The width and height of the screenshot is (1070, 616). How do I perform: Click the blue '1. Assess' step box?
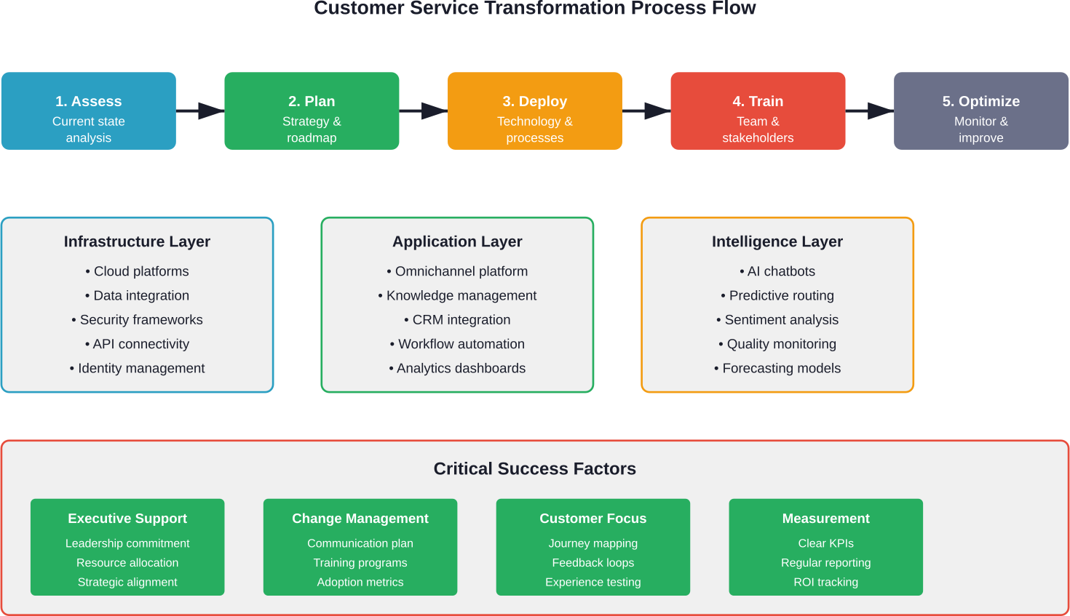[x=88, y=111]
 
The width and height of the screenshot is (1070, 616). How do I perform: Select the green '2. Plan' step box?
[x=312, y=111]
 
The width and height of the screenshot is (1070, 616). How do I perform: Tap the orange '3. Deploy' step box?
[x=534, y=111]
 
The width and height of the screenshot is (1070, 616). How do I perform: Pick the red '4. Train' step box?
[x=758, y=111]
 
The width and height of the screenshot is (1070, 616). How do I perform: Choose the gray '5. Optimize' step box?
[x=980, y=111]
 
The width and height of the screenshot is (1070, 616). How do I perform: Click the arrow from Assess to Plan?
[x=200, y=111]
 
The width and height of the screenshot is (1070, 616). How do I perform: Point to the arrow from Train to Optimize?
[x=870, y=111]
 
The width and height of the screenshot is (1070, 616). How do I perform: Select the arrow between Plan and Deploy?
[x=424, y=111]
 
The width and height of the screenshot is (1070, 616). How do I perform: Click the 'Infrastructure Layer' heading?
[x=137, y=241]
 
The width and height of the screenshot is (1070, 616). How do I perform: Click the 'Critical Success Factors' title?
[x=534, y=469]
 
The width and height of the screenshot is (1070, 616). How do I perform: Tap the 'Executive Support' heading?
[x=127, y=519]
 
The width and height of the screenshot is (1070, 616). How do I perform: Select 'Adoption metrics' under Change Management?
[x=360, y=583]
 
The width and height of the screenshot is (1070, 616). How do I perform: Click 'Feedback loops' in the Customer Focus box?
[x=593, y=563]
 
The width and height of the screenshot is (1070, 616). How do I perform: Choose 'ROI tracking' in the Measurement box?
[x=825, y=583]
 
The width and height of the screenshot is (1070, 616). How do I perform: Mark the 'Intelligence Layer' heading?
[x=777, y=241]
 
